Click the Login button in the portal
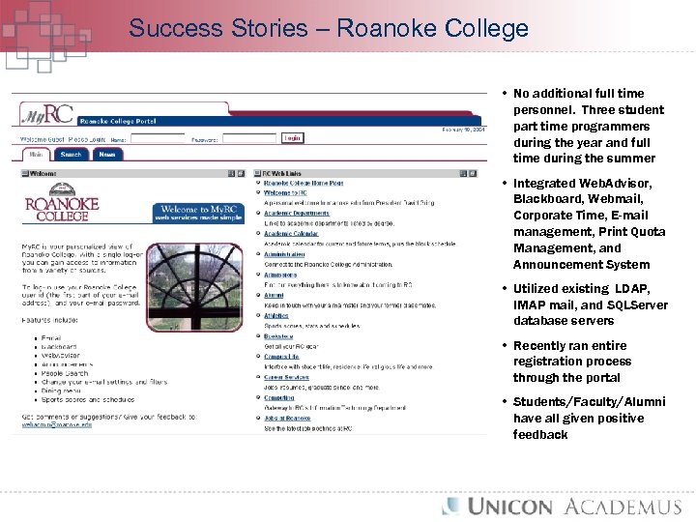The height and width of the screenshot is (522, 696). [292, 138]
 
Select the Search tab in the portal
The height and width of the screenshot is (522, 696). [71, 155]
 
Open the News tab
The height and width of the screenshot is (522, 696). [106, 155]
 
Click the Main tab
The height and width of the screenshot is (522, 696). [36, 155]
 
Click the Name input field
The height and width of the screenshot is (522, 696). [157, 139]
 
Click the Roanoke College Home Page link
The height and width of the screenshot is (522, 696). [304, 183]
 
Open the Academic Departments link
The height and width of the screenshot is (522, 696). [297, 213]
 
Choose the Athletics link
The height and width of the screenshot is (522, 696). [277, 315]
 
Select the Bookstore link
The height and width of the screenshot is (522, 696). [278, 335]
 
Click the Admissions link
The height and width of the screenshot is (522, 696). [280, 275]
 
